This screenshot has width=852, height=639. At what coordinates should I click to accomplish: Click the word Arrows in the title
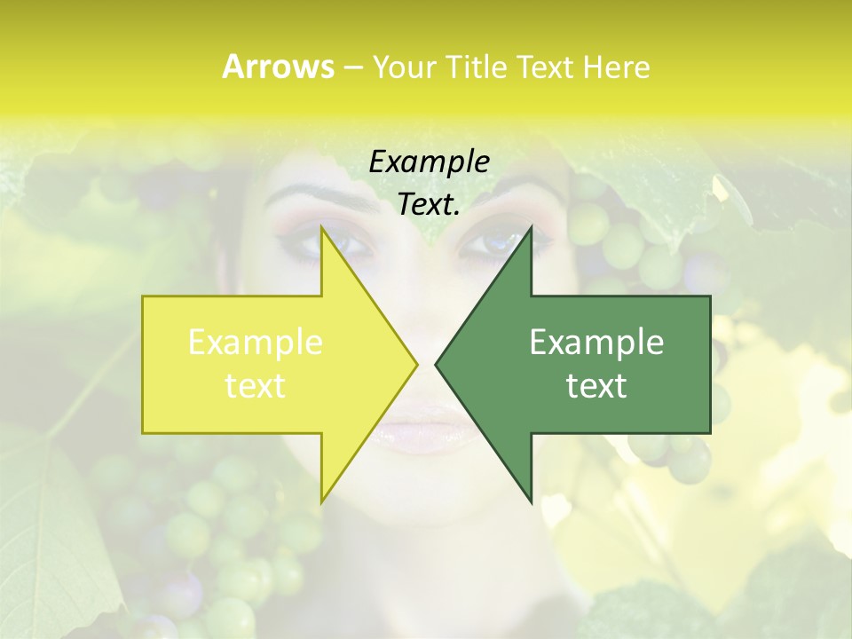coord(278,67)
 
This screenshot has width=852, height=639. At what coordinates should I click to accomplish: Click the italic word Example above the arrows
coord(430,162)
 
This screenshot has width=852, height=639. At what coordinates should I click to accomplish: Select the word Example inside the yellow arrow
coord(256,343)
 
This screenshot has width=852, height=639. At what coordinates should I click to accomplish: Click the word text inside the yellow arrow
coord(256,386)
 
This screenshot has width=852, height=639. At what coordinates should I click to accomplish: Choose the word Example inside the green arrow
coord(596,343)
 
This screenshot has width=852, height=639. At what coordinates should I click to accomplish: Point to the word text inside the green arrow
coord(596,386)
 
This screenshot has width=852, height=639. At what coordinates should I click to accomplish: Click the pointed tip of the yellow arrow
coord(416,365)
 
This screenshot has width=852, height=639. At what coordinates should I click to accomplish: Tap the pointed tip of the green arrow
coord(436,365)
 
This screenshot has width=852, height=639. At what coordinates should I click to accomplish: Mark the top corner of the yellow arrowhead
coord(321,228)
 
